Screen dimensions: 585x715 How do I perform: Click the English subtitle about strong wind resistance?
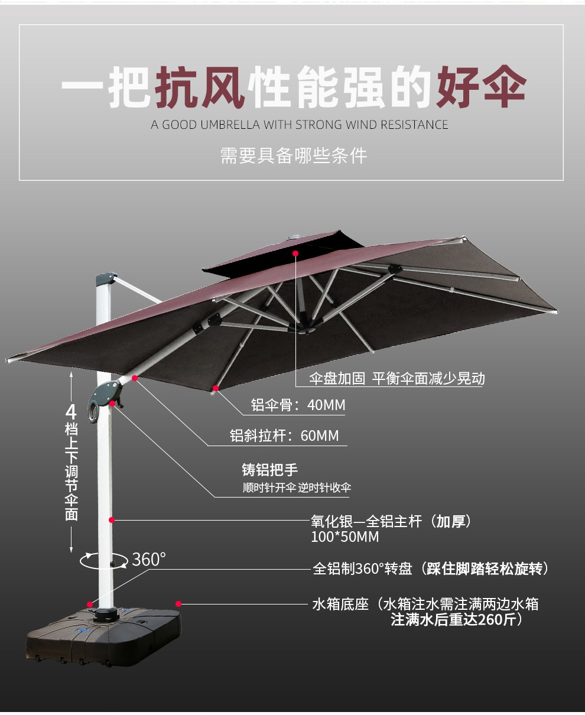pyautogui.click(x=299, y=125)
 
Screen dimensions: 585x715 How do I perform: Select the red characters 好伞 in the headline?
pyautogui.click(x=480, y=87)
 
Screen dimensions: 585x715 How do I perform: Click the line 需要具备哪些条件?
pyautogui.click(x=293, y=155)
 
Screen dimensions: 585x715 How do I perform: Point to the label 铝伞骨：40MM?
pyautogui.click(x=298, y=405)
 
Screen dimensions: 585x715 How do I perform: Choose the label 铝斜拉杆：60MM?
pyautogui.click(x=284, y=436)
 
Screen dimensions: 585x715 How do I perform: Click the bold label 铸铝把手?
pyautogui.click(x=269, y=470)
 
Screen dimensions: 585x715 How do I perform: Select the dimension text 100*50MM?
pyautogui.click(x=344, y=537)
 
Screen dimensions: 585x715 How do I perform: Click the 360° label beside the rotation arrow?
pyautogui.click(x=148, y=559)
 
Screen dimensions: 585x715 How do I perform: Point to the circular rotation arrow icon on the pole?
pyautogui.click(x=104, y=561)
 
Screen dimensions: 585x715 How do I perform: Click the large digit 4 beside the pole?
pyautogui.click(x=71, y=411)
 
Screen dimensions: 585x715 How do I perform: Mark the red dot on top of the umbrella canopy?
pyautogui.click(x=295, y=253)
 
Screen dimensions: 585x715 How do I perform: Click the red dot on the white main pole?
pyautogui.click(x=110, y=520)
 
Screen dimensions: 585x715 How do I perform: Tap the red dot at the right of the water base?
pyautogui.click(x=178, y=604)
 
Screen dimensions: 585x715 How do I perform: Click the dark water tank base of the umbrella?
pyautogui.click(x=103, y=635)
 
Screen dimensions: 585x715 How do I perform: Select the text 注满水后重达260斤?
pyautogui.click(x=456, y=620)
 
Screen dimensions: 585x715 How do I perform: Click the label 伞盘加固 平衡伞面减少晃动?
pyautogui.click(x=396, y=379)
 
